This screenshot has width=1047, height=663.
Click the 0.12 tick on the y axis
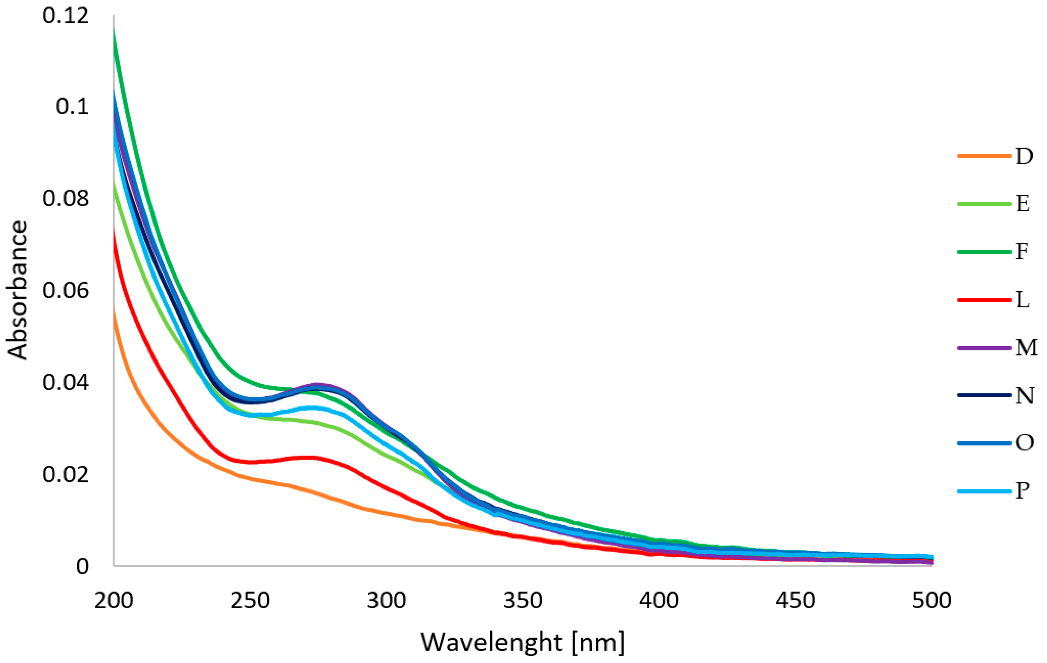(x=66, y=16)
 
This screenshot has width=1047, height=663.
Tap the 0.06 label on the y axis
(x=66, y=291)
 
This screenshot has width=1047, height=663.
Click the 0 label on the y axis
(x=82, y=567)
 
